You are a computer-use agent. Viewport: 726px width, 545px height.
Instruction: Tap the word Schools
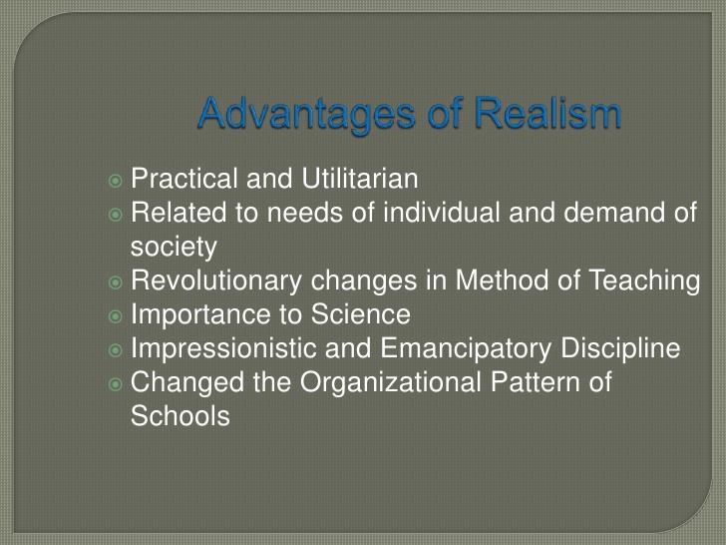181,415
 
